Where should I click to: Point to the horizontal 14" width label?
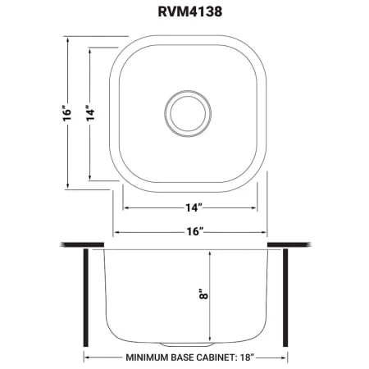[189, 207]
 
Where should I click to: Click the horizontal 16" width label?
[189, 232]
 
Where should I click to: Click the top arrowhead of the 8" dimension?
[211, 254]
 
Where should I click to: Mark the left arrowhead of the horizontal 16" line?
[116, 232]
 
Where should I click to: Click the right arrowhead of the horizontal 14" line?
[256, 207]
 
